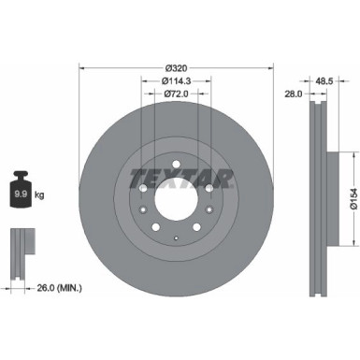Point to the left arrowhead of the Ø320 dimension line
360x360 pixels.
(x=82, y=67)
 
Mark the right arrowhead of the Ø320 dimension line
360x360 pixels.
(x=272, y=67)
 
